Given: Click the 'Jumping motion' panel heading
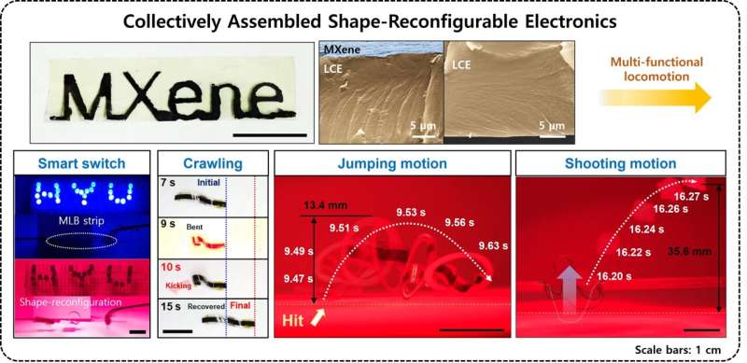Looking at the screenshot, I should [x=391, y=164].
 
